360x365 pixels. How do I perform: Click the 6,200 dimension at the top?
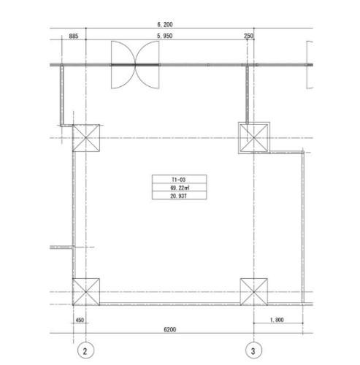(x=165, y=24)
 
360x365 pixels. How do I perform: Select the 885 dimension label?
(x=74, y=36)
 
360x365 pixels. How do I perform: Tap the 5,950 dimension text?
(x=165, y=36)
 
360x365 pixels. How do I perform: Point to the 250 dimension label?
(x=248, y=36)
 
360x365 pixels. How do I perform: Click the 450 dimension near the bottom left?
(x=80, y=320)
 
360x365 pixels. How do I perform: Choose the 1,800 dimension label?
(x=277, y=320)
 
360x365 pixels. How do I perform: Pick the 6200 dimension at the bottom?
(x=169, y=329)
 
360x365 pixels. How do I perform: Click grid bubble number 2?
(x=85, y=351)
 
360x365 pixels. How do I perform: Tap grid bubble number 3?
(x=253, y=351)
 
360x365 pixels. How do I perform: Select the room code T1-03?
(x=179, y=180)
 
